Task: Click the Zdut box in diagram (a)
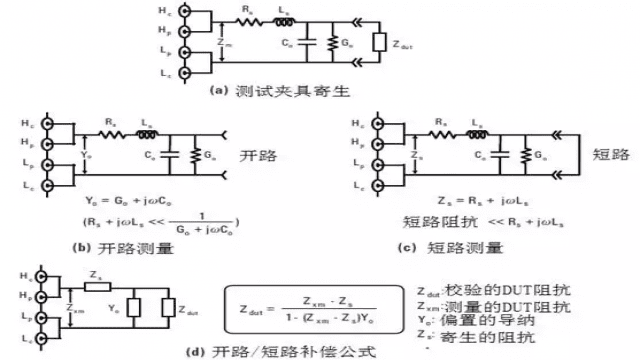tap(377, 45)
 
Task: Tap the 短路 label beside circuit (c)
tap(607, 155)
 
